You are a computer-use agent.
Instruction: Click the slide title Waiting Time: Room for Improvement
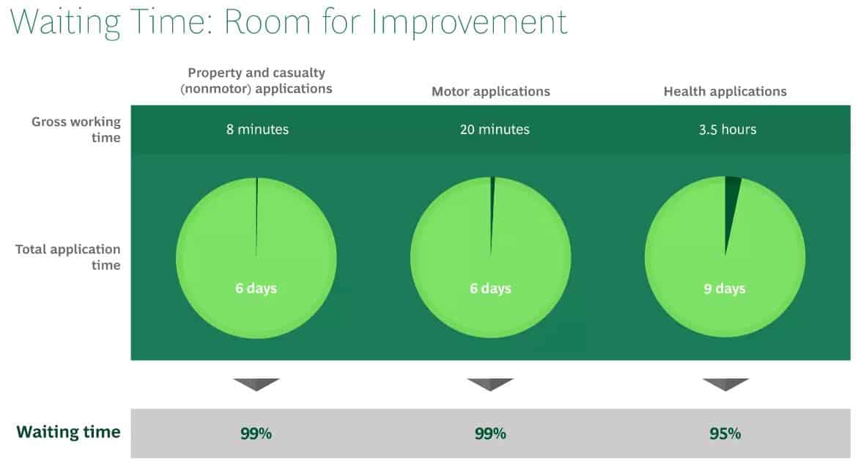pyautogui.click(x=289, y=23)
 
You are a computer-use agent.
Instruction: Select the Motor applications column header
pyautogui.click(x=491, y=92)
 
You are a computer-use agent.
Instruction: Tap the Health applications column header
pyautogui.click(x=725, y=92)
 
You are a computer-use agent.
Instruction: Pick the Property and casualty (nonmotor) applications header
pyautogui.click(x=256, y=81)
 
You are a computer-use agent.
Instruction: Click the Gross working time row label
pyautogui.click(x=76, y=129)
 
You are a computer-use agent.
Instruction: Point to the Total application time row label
pyautogui.click(x=68, y=257)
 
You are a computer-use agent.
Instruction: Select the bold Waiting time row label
pyautogui.click(x=68, y=432)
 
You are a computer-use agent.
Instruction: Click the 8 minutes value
pyautogui.click(x=257, y=129)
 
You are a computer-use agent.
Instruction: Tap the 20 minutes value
pyautogui.click(x=495, y=129)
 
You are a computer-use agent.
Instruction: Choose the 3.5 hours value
pyautogui.click(x=728, y=129)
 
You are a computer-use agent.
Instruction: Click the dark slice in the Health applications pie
pyautogui.click(x=731, y=202)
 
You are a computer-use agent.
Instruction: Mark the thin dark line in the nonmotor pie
pyautogui.click(x=256, y=216)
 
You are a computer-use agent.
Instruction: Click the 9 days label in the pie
pyautogui.click(x=725, y=288)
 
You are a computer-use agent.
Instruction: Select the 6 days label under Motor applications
pyautogui.click(x=490, y=288)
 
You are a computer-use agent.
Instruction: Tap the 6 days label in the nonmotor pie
pyautogui.click(x=256, y=288)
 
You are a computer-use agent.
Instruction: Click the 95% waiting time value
pyautogui.click(x=725, y=433)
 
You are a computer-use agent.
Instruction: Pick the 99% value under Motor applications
pyautogui.click(x=490, y=433)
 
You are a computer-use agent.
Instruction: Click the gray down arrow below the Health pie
pyautogui.click(x=725, y=384)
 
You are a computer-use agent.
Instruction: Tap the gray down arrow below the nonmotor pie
pyautogui.click(x=256, y=384)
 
